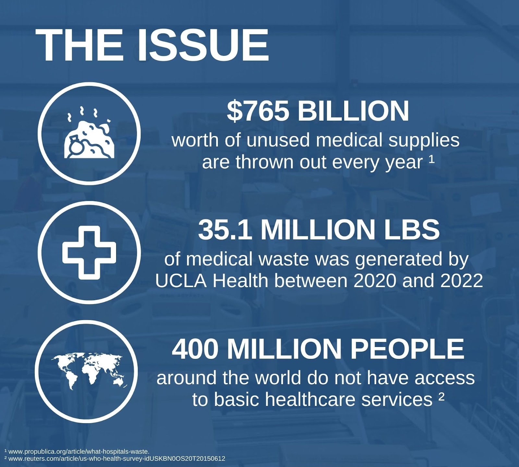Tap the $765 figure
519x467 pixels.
pyautogui.click(x=258, y=111)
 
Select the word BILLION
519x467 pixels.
pyautogui.click(x=353, y=111)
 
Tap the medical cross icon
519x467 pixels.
pyautogui.click(x=89, y=252)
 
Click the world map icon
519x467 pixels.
pyautogui.click(x=88, y=372)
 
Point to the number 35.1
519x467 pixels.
pyautogui.click(x=225, y=229)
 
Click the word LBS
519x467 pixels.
pyautogui.click(x=412, y=229)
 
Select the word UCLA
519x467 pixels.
pyautogui.click(x=181, y=281)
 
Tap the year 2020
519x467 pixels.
pyautogui.click(x=375, y=281)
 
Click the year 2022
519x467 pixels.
pyautogui.click(x=462, y=281)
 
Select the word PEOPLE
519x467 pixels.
pyautogui.click(x=407, y=349)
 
